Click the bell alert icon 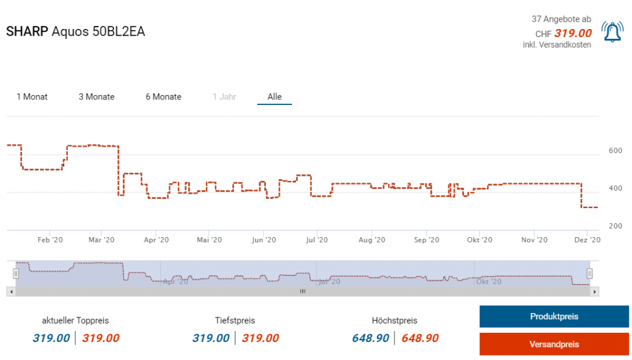[612, 32]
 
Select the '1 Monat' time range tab [32, 97]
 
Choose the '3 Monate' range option [96, 97]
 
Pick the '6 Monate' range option [164, 97]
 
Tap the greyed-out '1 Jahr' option [224, 97]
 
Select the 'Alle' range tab [275, 97]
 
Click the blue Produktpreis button [554, 317]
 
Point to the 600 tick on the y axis [615, 151]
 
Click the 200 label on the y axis [615, 226]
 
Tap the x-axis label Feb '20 [51, 240]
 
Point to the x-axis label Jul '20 [317, 240]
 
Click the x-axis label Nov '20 [534, 240]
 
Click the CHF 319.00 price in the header [572, 33]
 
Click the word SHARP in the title [27, 32]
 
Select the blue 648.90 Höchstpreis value [370, 338]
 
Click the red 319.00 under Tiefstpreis [260, 338]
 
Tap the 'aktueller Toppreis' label [75, 320]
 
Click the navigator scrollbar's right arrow [594, 291]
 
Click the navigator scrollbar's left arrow [10, 291]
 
